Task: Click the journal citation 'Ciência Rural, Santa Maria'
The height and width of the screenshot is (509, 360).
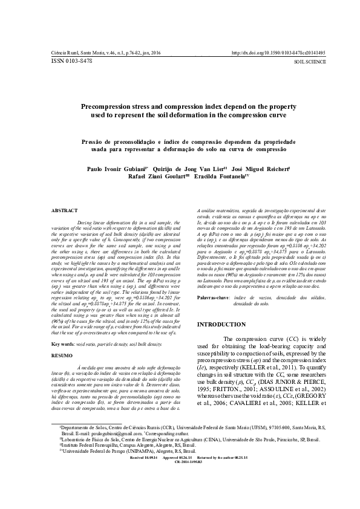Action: click(x=76, y=53)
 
